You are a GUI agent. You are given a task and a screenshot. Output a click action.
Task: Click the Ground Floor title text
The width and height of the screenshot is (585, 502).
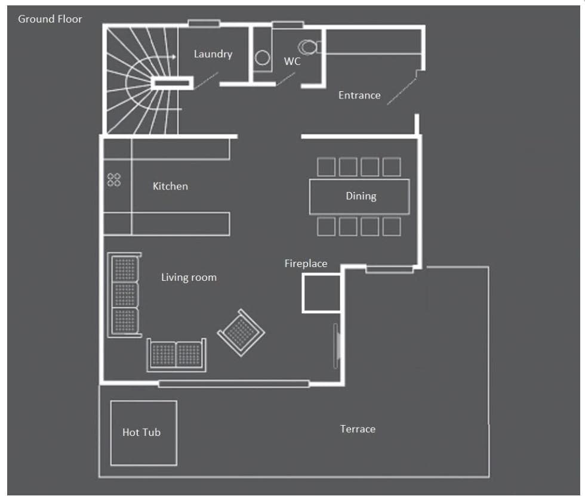point(50,19)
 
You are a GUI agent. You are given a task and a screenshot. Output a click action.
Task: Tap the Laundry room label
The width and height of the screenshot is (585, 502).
point(213,54)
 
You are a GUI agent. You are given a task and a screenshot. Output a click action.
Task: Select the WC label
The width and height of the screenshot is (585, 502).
point(292,61)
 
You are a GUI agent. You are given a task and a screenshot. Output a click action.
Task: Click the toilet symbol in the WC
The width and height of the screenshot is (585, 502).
point(309,47)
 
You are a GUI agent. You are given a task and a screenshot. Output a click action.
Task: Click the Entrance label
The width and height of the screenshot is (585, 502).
point(359,95)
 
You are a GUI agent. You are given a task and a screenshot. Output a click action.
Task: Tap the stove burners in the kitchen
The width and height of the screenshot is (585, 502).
point(114,179)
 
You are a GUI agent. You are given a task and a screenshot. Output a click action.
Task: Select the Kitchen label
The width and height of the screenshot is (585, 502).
point(170,187)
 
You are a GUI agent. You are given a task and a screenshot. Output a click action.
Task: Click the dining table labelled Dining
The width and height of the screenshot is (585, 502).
point(359,196)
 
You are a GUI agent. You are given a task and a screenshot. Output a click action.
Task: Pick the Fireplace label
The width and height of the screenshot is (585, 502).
point(306,264)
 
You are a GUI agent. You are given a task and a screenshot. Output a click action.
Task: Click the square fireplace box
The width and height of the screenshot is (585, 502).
point(321,293)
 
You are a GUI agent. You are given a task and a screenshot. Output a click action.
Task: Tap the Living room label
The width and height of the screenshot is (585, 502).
point(189,277)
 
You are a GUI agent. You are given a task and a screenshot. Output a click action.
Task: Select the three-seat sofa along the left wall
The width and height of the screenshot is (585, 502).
point(124,295)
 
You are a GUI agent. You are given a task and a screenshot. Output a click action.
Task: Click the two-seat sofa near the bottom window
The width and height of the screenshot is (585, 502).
point(176,355)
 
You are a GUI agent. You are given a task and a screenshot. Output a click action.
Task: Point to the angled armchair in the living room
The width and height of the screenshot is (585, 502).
point(241,332)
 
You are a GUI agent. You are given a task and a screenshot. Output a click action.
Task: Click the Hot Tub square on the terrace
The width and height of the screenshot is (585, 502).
point(143,433)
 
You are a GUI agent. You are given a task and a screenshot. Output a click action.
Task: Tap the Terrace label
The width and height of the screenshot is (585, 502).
point(358,429)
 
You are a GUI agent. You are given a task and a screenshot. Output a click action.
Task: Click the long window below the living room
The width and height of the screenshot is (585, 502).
point(233,384)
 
